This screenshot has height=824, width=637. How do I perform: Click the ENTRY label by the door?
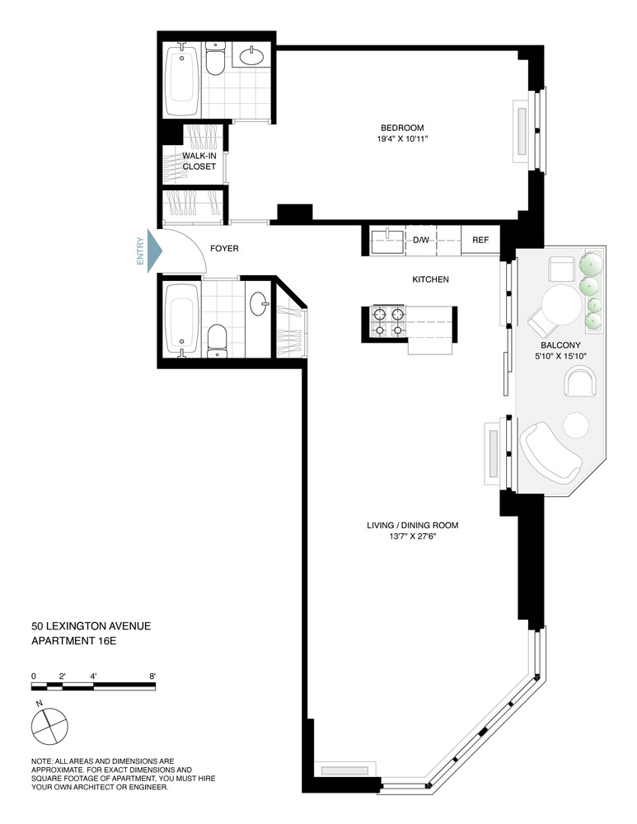click(140, 249)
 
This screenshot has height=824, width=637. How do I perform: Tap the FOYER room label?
click(225, 247)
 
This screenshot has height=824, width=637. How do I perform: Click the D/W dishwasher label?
click(421, 240)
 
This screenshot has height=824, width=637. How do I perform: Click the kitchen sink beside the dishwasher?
click(386, 241)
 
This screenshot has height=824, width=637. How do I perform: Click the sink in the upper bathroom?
click(253, 57)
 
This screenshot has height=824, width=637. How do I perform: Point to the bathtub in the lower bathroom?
click(181, 319)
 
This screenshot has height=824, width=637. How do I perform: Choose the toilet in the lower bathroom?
click(218, 339)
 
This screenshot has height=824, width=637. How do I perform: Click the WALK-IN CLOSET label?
click(199, 161)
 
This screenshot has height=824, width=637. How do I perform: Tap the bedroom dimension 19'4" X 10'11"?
click(401, 139)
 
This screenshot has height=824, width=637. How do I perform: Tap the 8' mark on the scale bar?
click(153, 676)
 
